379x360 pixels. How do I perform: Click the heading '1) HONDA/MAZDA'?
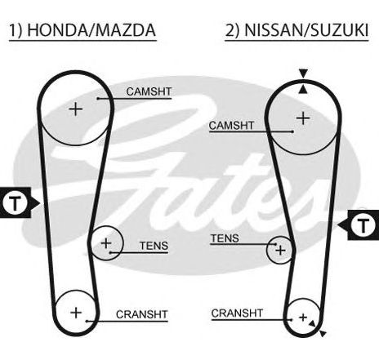pyautogui.click(x=82, y=30)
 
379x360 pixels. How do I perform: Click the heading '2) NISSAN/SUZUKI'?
pyautogui.click(x=297, y=30)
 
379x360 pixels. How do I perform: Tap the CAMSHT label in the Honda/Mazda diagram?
pyautogui.click(x=149, y=91)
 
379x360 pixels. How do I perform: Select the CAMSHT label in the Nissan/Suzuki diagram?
pyautogui.click(x=231, y=126)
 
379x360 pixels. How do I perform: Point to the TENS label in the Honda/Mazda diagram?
pyautogui.click(x=154, y=246)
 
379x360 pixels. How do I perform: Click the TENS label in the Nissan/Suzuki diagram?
pyautogui.click(x=225, y=238)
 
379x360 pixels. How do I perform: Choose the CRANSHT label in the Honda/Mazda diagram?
pyautogui.click(x=141, y=314)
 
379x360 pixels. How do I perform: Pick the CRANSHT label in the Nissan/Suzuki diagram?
pyautogui.click(x=237, y=313)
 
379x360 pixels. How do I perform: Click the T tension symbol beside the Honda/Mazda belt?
pyautogui.click(x=16, y=202)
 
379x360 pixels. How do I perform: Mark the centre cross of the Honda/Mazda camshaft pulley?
pyautogui.click(x=76, y=109)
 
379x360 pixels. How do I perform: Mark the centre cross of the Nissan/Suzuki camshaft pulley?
pyautogui.click(x=303, y=118)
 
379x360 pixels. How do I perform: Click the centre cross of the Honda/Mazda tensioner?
pyautogui.click(x=106, y=243)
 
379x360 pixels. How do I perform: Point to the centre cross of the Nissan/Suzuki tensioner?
pyautogui.click(x=280, y=250)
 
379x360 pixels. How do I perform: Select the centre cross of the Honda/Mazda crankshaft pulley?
pyautogui.click(x=76, y=313)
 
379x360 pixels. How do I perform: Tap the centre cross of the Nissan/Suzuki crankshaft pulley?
pyautogui.click(x=303, y=318)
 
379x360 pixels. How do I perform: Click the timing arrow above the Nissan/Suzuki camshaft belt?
pyautogui.click(x=303, y=73)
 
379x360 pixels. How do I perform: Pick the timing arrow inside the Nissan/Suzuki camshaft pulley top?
pyautogui.click(x=303, y=90)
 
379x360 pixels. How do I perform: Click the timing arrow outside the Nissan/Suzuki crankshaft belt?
pyautogui.click(x=323, y=333)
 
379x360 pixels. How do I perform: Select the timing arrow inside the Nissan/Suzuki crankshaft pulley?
pyautogui.click(x=312, y=323)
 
